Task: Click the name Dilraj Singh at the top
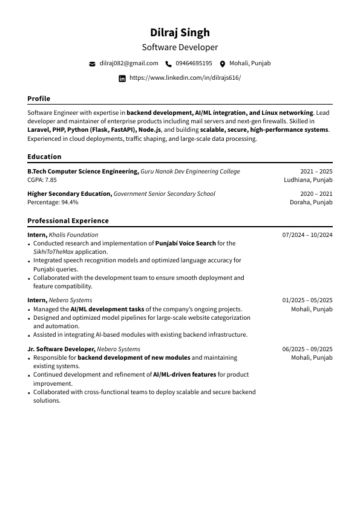[x=180, y=33]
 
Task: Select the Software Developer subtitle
[x=180, y=47]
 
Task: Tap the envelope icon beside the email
[x=93, y=63]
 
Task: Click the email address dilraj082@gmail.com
[x=129, y=63]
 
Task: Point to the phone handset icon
[x=168, y=63]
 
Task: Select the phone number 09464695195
[x=194, y=63]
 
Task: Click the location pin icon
[x=223, y=63]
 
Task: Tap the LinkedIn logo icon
[x=122, y=79]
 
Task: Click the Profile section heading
[x=39, y=99]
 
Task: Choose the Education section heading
[x=44, y=157]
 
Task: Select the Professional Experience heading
[x=68, y=221]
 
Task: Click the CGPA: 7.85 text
[x=42, y=180]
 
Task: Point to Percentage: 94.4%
[x=53, y=203]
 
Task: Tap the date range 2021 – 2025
[x=316, y=172]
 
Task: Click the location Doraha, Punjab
[x=311, y=203]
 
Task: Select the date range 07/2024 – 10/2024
[x=307, y=235]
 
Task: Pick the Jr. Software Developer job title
[x=61, y=349]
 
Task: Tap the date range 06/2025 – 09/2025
[x=307, y=349]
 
